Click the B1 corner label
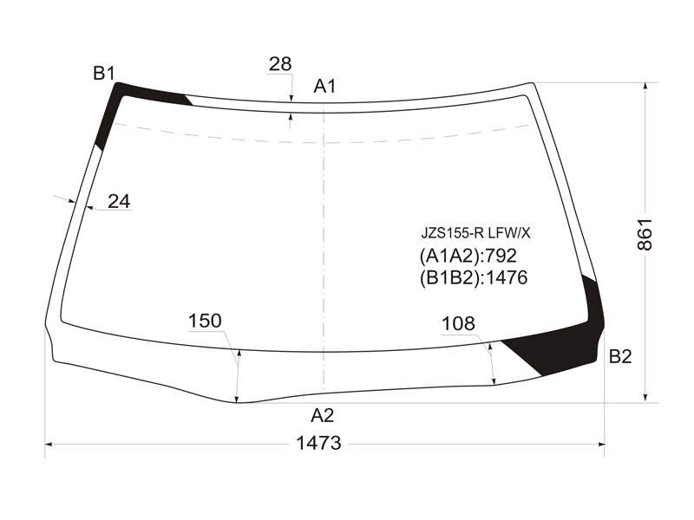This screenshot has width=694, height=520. tap(104, 73)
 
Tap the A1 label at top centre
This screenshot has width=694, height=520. tap(324, 86)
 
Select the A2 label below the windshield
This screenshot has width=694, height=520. tap(322, 416)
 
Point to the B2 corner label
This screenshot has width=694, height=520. tap(620, 356)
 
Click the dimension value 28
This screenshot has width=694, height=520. tap(280, 64)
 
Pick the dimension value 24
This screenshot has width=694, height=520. tap(119, 202)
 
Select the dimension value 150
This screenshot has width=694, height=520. tap(205, 321)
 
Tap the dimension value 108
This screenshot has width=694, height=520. tap(458, 324)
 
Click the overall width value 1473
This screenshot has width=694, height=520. tap(318, 443)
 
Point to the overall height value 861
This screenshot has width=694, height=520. tap(645, 234)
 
